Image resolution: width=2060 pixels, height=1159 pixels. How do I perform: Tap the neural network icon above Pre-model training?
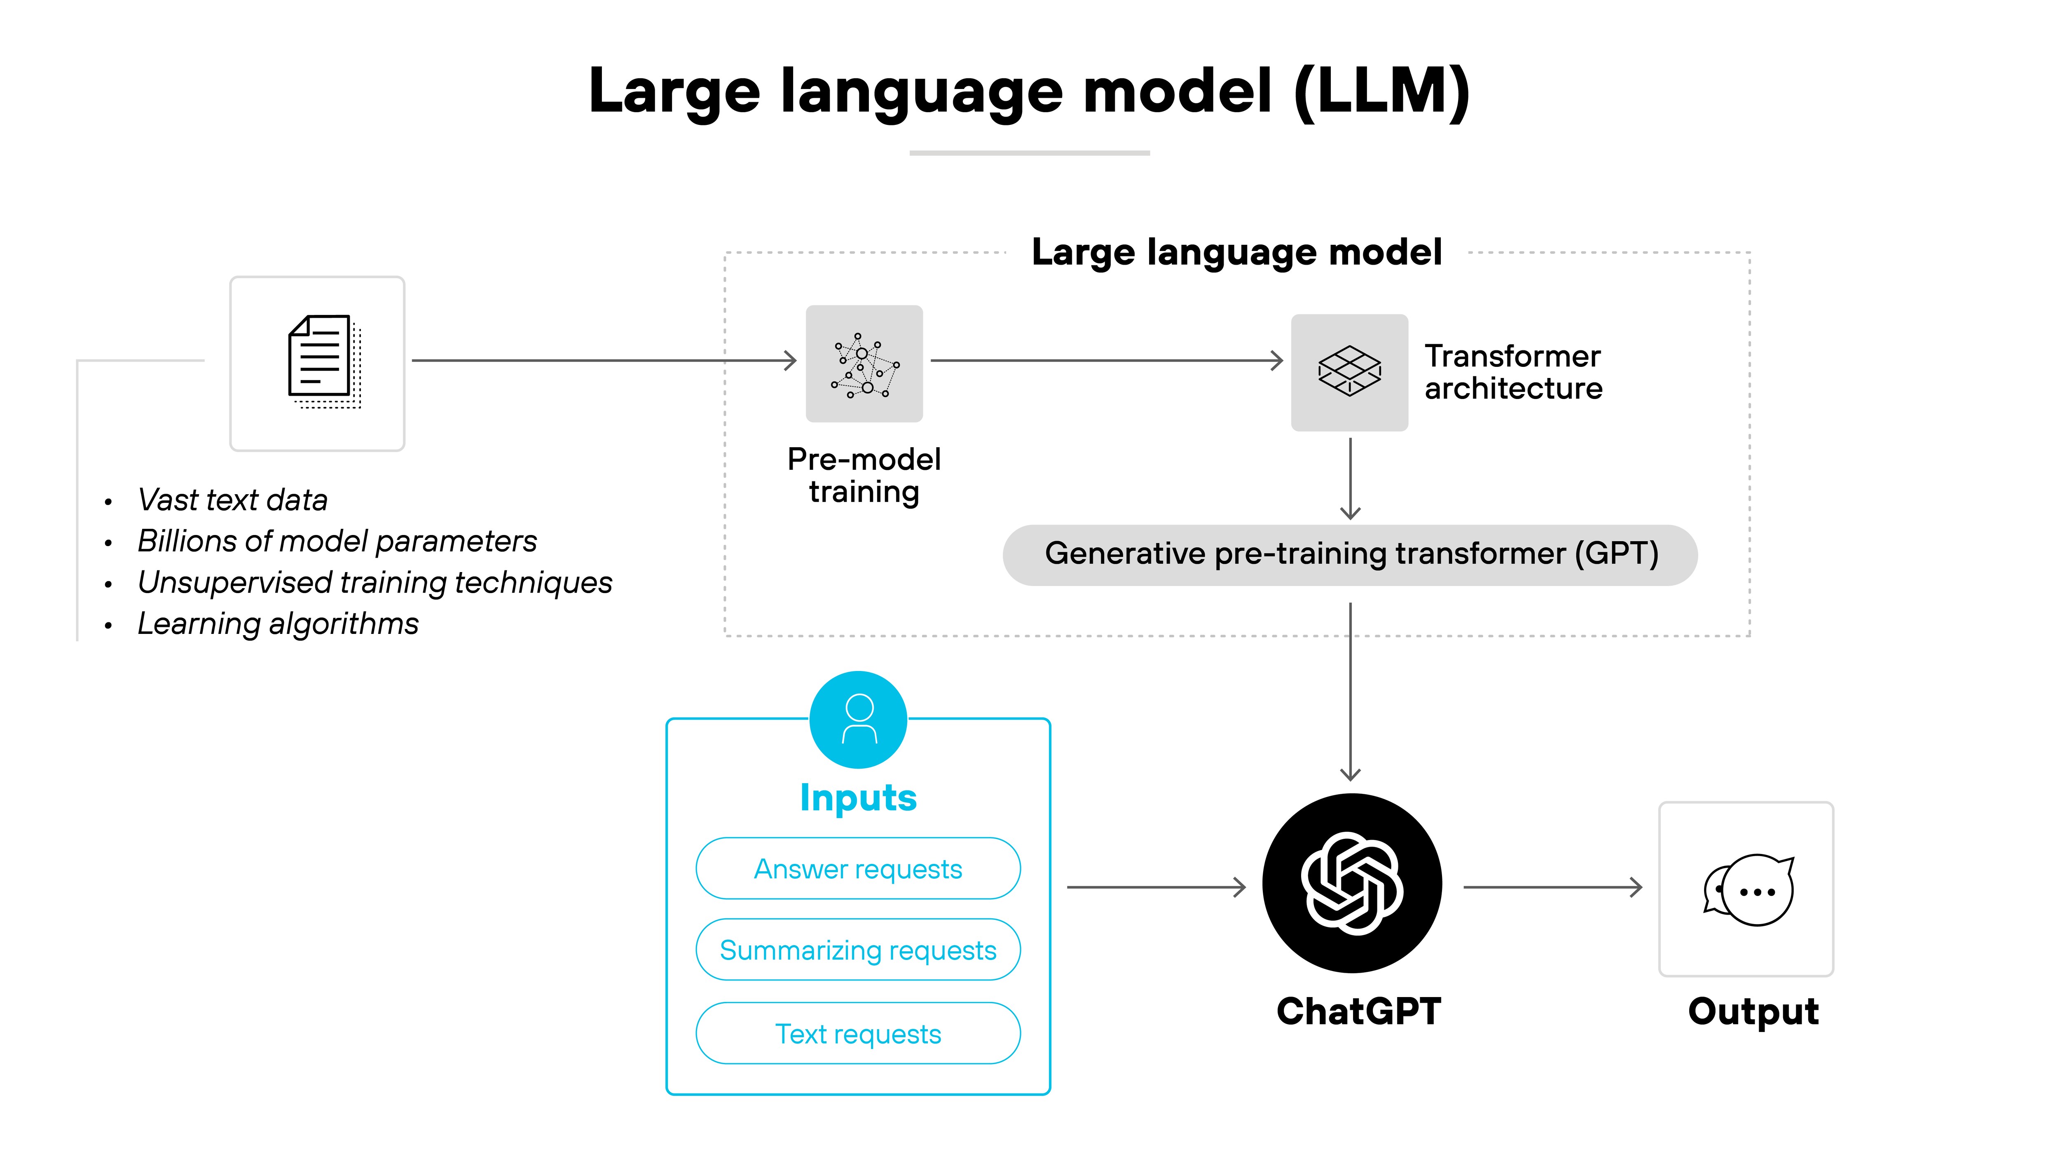click(864, 364)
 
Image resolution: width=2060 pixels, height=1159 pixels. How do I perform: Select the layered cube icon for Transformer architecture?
click(1349, 372)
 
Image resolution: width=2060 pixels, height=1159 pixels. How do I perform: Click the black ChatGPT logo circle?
click(1351, 883)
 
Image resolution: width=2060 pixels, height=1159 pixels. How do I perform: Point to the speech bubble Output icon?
click(1747, 889)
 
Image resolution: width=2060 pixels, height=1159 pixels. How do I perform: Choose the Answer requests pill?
click(858, 869)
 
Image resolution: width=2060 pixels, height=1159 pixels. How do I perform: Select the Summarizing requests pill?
click(858, 950)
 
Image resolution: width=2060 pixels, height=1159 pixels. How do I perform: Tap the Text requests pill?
click(858, 1033)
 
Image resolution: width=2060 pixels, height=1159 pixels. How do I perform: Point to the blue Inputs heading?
click(858, 798)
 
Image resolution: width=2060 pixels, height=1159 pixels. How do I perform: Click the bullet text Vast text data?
click(233, 500)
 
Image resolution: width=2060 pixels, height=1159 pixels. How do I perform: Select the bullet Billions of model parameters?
click(337, 542)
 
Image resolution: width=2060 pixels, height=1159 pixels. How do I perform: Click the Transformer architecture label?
click(1513, 372)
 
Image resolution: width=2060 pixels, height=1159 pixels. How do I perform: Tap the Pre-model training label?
click(864, 475)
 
